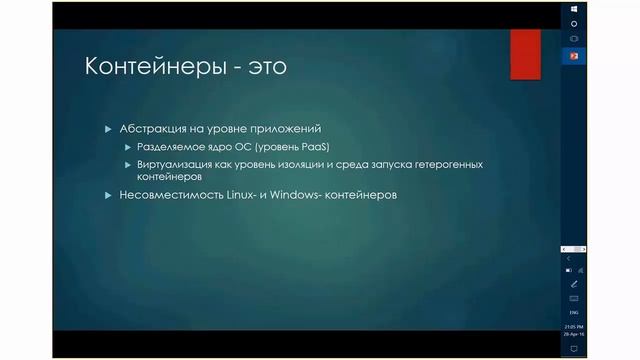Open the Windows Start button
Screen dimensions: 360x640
(574, 8)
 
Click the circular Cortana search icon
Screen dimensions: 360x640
(574, 24)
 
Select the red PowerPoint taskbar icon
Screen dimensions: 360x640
(574, 55)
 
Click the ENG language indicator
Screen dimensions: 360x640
(574, 313)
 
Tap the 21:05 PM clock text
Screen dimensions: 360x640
(574, 327)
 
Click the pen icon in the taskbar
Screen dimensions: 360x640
(574, 284)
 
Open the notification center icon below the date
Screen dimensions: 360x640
(574, 347)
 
